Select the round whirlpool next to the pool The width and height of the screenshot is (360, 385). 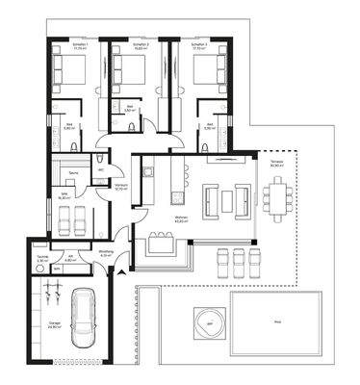point(205,321)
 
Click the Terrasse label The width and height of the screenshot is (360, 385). point(278,165)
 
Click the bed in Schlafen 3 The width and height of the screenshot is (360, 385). point(199,68)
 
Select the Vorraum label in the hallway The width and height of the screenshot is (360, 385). point(121,189)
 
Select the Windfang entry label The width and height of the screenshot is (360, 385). point(106,254)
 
